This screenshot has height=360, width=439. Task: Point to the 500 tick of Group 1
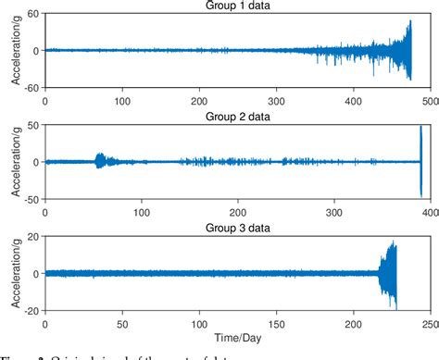[430, 96]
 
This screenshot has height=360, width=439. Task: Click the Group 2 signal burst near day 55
[100, 161]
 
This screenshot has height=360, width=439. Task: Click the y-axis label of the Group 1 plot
[16, 50]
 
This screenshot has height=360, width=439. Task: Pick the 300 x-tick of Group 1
[275, 96]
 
